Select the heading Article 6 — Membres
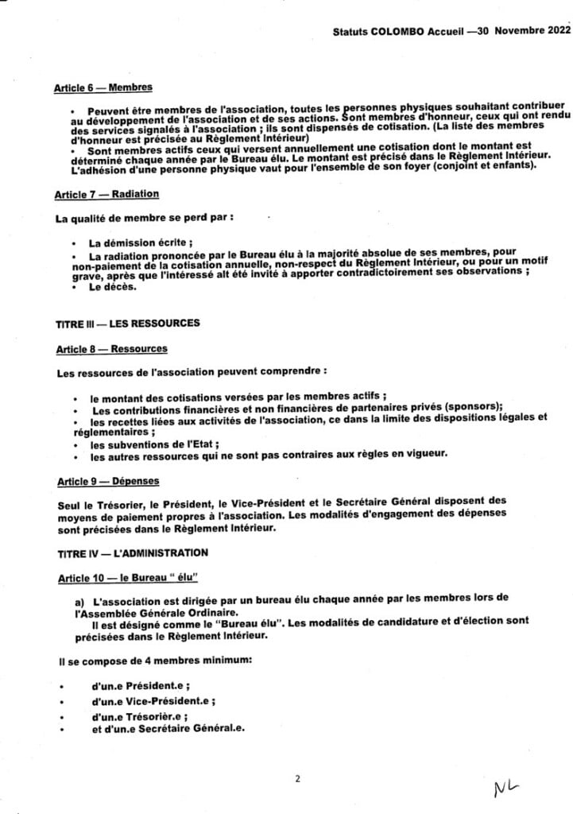point(103,88)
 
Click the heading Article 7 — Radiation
point(106,194)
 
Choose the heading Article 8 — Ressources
point(110,349)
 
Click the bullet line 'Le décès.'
point(113,288)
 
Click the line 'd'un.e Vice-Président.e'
point(153,701)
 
